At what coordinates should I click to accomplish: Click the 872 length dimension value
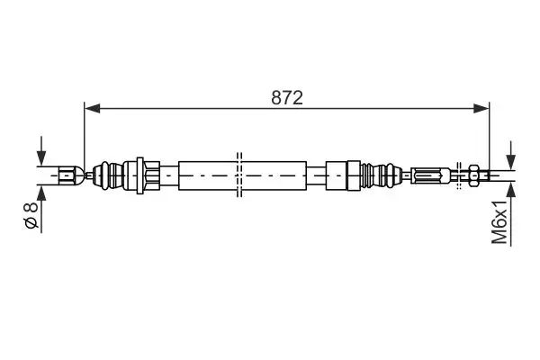(287, 97)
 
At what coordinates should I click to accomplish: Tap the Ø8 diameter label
(31, 216)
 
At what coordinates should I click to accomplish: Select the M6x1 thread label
(499, 222)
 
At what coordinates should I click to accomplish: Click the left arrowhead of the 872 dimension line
(93, 108)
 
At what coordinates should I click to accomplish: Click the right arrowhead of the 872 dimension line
(481, 108)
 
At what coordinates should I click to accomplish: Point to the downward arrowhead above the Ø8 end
(41, 159)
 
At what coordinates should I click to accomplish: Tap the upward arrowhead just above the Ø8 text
(41, 193)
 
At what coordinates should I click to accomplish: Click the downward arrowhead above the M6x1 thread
(510, 162)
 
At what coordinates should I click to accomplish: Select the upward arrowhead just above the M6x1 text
(510, 189)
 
